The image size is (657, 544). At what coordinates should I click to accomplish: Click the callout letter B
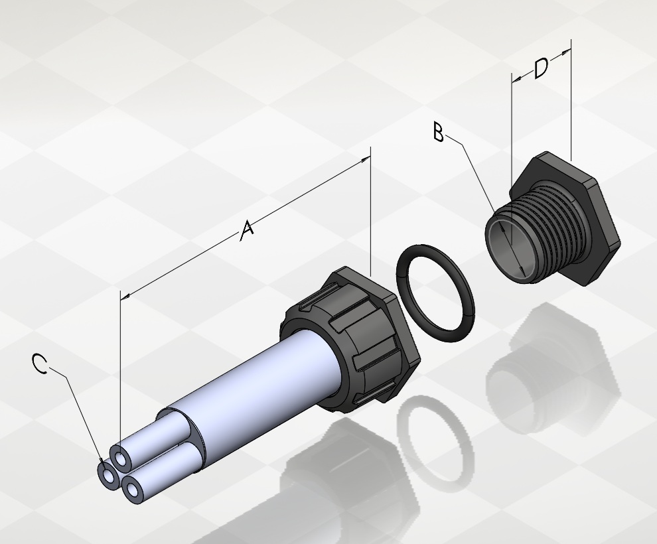click(438, 132)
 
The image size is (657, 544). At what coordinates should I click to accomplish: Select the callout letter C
click(40, 363)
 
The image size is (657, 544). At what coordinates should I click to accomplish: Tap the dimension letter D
click(541, 68)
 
